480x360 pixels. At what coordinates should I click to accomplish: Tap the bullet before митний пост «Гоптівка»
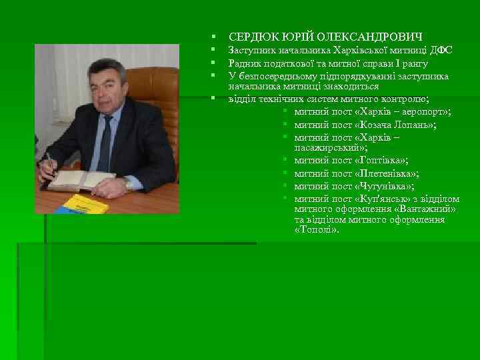tap(284, 161)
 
